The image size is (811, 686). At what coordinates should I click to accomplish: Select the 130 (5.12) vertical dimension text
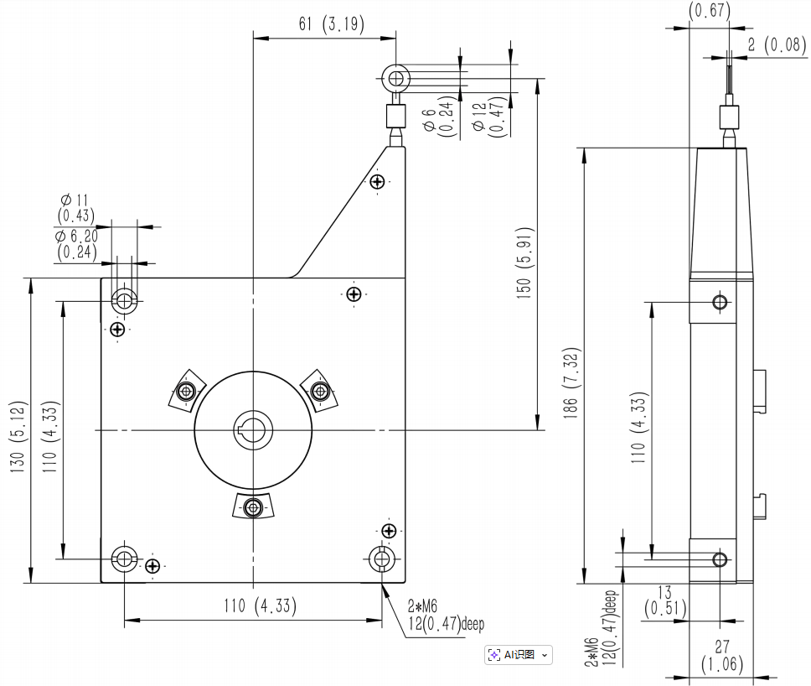click(x=18, y=431)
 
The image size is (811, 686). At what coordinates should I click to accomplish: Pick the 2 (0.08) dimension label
click(x=777, y=44)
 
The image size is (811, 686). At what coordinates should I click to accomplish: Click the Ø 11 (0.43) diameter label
click(x=75, y=207)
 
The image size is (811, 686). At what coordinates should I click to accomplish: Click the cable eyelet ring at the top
click(x=395, y=79)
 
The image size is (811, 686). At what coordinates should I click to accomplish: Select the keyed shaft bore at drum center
click(x=252, y=429)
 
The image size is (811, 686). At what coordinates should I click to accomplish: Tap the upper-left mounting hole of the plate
click(x=125, y=300)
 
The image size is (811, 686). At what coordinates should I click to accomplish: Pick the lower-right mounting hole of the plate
click(x=382, y=559)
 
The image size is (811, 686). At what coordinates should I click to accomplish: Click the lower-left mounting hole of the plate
click(x=124, y=558)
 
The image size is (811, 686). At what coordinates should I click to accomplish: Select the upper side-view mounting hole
click(x=720, y=302)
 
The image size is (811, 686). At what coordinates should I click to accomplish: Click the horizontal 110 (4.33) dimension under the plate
click(x=261, y=605)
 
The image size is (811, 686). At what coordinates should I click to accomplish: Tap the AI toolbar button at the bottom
click(x=512, y=655)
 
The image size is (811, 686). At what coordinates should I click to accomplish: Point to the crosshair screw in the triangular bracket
click(x=378, y=181)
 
